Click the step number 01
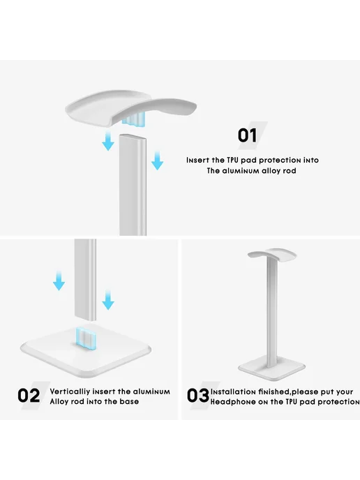(x=248, y=135)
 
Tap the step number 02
(x=29, y=395)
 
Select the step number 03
(x=198, y=395)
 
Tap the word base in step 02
(x=129, y=401)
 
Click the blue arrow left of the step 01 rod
(x=107, y=140)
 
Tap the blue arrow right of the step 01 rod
(x=157, y=160)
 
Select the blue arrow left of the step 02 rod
(x=59, y=280)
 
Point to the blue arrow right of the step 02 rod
(x=107, y=300)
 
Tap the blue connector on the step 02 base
(x=85, y=338)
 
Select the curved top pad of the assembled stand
(x=272, y=253)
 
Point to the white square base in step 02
(x=86, y=352)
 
